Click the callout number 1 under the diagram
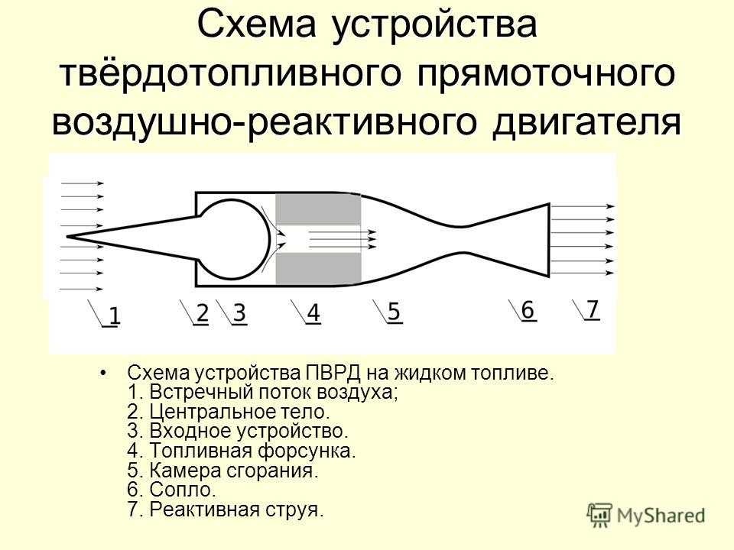click(114, 315)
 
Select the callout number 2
click(202, 313)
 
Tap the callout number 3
click(239, 313)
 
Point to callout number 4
click(313, 313)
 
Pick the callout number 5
click(395, 312)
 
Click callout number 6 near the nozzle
click(528, 310)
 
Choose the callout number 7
click(593, 309)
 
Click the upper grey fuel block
click(318, 209)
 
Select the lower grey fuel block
click(318, 268)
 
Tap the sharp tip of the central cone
click(67, 237)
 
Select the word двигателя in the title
click(586, 121)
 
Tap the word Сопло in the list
click(182, 490)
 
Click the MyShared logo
click(646, 516)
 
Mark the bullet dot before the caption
click(103, 374)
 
